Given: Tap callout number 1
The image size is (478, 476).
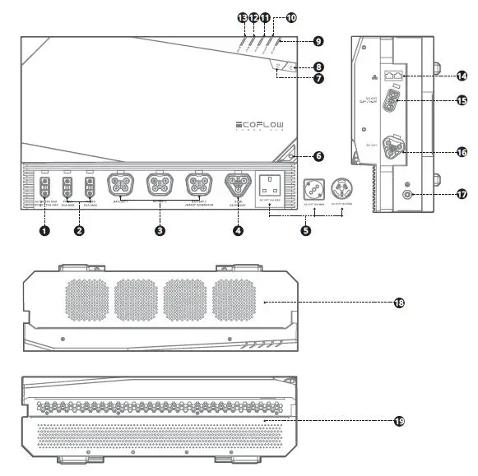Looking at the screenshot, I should click(x=44, y=231).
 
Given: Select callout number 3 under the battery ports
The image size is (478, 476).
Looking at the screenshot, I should click(x=159, y=231).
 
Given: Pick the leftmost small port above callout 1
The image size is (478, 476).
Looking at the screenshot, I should click(x=45, y=186).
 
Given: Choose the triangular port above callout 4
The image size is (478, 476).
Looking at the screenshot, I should click(x=238, y=185).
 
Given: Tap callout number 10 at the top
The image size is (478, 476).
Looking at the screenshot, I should click(x=291, y=16).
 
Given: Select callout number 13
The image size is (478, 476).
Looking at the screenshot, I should click(x=242, y=16).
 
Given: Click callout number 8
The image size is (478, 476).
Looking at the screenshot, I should click(x=318, y=67).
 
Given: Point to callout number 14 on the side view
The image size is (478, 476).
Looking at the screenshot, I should click(x=462, y=76).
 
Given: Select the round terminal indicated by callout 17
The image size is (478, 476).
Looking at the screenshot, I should click(x=408, y=194).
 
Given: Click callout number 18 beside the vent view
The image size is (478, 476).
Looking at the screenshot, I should click(x=399, y=303).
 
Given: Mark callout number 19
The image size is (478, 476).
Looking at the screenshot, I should click(x=399, y=421).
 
